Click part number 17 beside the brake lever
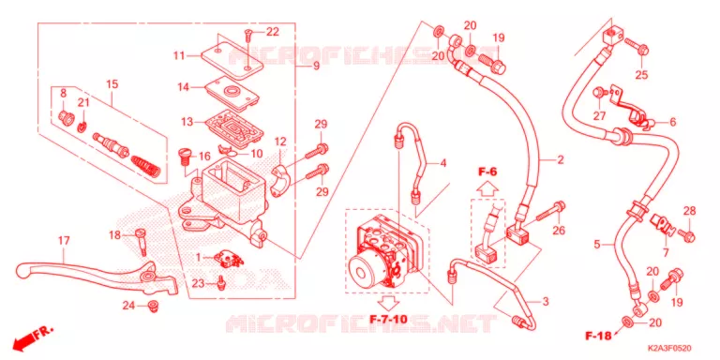click(x=64, y=241)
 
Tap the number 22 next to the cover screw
click(x=272, y=32)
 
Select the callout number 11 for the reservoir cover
click(x=179, y=55)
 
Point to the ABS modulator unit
click(x=388, y=251)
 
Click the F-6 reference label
click(x=487, y=172)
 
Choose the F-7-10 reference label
click(x=388, y=318)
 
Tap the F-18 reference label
click(x=598, y=336)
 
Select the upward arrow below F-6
click(x=487, y=188)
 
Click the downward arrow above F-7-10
click(x=388, y=303)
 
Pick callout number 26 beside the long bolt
click(x=559, y=230)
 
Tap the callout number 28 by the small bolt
click(x=689, y=211)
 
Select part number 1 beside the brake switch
click(x=199, y=258)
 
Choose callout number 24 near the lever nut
click(x=128, y=305)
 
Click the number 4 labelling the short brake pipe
click(x=442, y=162)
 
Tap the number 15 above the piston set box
click(x=112, y=84)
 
